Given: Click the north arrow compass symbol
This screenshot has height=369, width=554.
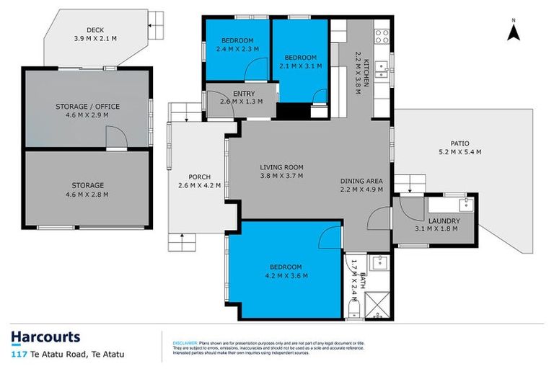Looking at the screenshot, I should (513, 31).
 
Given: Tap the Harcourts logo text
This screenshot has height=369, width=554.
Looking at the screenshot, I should (45, 337).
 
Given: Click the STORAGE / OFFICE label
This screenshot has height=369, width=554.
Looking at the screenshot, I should (87, 106).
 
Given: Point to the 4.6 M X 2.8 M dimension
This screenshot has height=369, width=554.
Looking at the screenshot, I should (87, 194).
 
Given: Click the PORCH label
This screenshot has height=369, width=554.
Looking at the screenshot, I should (198, 177).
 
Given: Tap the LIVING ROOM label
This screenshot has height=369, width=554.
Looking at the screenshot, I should (281, 168).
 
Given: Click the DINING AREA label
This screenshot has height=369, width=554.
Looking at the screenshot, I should (366, 180).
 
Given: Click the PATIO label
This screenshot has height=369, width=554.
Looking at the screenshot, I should (460, 143).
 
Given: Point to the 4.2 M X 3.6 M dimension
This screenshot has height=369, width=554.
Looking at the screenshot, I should (286, 275).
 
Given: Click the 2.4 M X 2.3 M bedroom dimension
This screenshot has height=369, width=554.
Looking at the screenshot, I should (237, 50).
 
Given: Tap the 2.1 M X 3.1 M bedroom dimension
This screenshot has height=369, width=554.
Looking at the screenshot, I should (299, 66).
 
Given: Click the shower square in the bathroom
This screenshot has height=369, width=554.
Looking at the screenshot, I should (380, 307).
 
